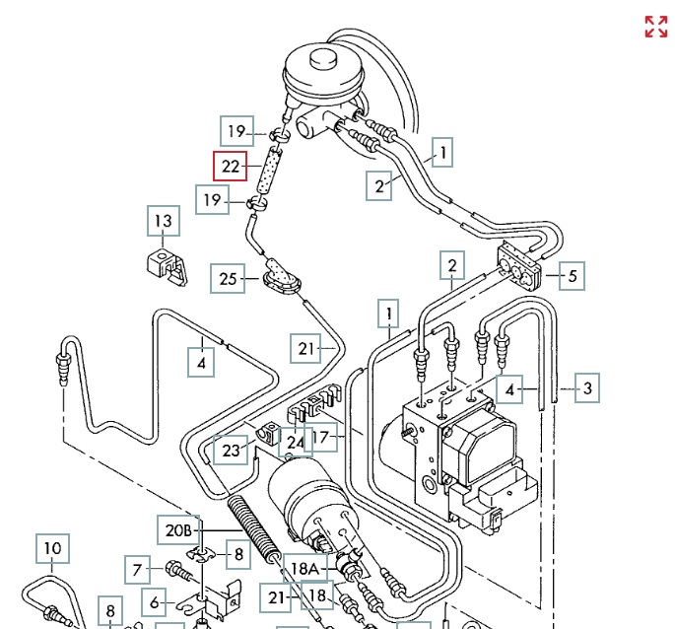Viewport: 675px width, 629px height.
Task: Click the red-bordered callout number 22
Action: click(231, 167)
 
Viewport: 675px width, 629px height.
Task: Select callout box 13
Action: click(163, 222)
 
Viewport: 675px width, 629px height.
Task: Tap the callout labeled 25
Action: click(229, 279)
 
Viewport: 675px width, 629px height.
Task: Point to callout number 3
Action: click(586, 387)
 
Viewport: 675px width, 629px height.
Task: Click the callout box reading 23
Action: click(231, 450)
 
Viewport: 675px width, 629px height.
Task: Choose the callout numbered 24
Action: click(295, 444)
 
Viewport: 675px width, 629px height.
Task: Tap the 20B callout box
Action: click(178, 530)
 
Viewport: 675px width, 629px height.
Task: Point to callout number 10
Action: click(52, 548)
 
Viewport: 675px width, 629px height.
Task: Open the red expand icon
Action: click(656, 27)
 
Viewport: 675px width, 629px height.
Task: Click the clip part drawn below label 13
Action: click(165, 266)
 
